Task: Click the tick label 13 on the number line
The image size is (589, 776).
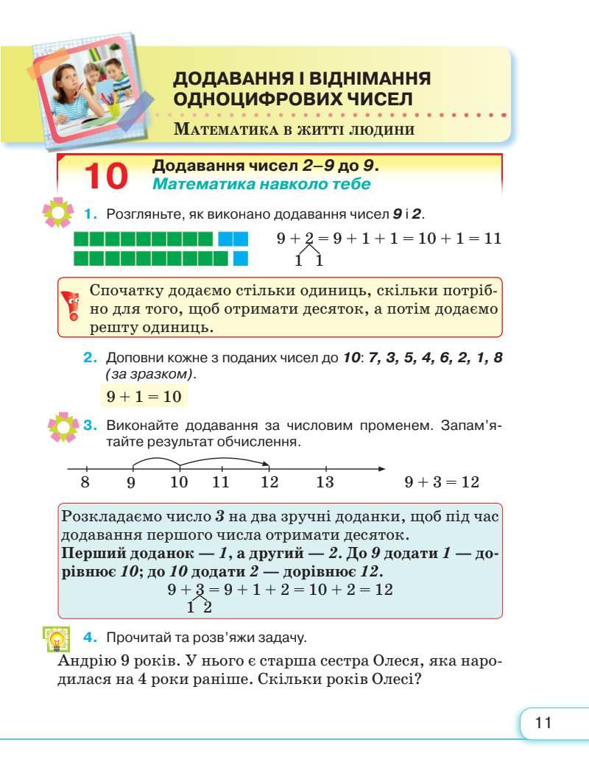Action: pos(325,483)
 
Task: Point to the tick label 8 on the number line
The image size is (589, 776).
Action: pos(85,483)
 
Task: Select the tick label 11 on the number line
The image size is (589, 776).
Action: pos(221,483)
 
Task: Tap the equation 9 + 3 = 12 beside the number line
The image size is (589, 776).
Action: pos(442,483)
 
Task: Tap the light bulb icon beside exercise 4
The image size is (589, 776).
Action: pos(55,639)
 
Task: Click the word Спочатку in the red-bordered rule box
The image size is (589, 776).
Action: pos(123,290)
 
